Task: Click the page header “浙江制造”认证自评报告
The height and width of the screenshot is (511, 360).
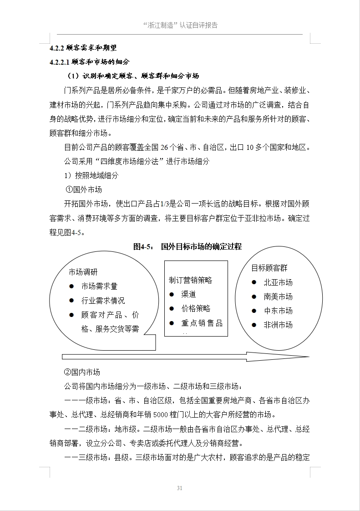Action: tap(180, 25)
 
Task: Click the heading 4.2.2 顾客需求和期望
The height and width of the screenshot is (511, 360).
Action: tap(86, 48)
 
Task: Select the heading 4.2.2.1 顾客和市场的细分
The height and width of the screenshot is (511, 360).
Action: tap(90, 61)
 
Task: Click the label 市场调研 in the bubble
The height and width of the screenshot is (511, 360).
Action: tap(83, 272)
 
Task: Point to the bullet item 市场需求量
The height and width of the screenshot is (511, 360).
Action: tap(99, 286)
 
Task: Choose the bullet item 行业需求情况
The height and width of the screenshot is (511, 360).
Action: tap(103, 301)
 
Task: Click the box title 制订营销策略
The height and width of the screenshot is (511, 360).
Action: tap(190, 280)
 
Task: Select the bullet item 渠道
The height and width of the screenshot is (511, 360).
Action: tap(188, 294)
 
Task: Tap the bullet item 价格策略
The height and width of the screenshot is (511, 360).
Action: tap(196, 308)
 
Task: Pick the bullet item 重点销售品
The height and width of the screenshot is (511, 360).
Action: tap(202, 323)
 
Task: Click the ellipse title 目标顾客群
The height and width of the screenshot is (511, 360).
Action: tap(269, 268)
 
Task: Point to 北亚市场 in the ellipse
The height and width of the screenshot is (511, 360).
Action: tap(278, 282)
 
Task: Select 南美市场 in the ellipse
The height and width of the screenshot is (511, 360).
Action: tap(278, 296)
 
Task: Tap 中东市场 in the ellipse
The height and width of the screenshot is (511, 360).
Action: tap(278, 311)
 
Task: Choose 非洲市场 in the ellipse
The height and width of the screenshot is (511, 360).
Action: tap(278, 325)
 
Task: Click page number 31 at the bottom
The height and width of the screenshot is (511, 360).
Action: tap(180, 488)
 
